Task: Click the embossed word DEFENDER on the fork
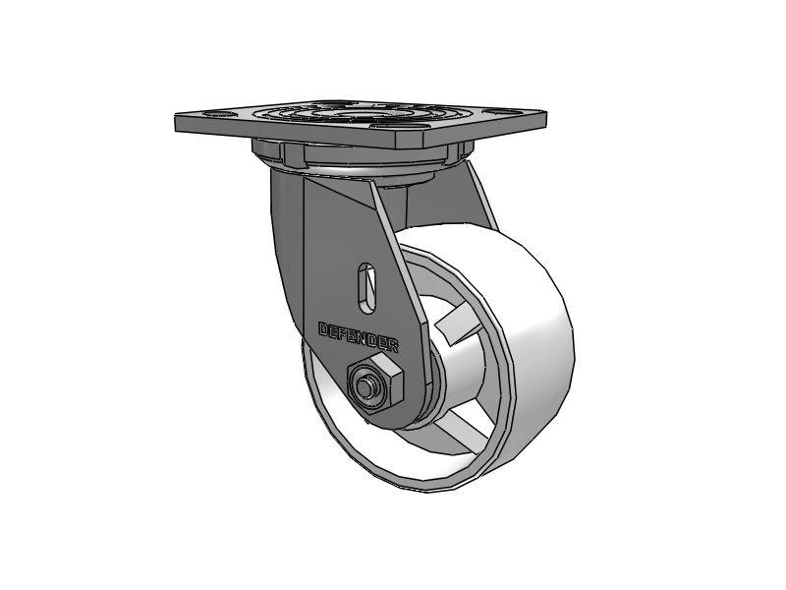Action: point(359,337)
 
